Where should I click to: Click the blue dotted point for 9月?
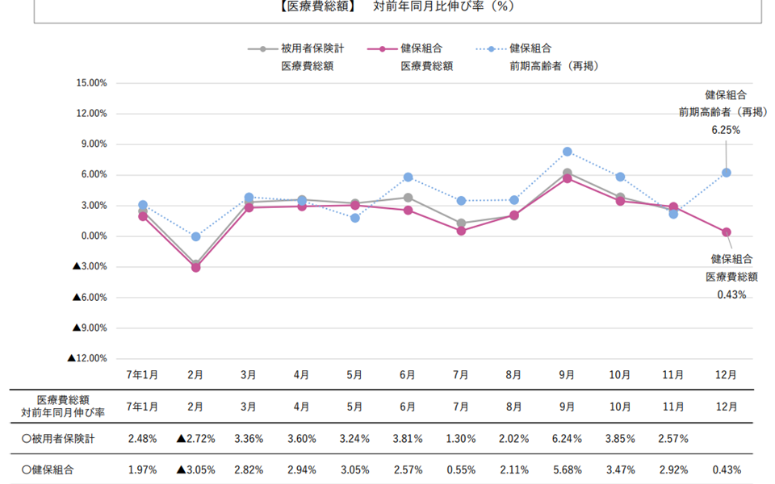pos(567,152)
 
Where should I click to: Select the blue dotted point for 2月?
pos(195,236)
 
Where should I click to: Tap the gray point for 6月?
pos(408,198)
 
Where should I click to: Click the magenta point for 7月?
pos(461,231)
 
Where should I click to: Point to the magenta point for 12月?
pos(727,232)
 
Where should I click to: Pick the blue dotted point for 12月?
pos(727,173)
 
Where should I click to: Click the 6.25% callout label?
pos(725,129)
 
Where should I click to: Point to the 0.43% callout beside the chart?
pos(731,295)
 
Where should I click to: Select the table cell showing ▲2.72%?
pos(195,439)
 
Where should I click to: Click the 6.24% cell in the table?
pos(567,439)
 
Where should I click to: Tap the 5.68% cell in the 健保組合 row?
pos(567,469)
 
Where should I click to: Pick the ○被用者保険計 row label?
pos(61,439)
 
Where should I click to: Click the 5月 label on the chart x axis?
pos(354,375)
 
